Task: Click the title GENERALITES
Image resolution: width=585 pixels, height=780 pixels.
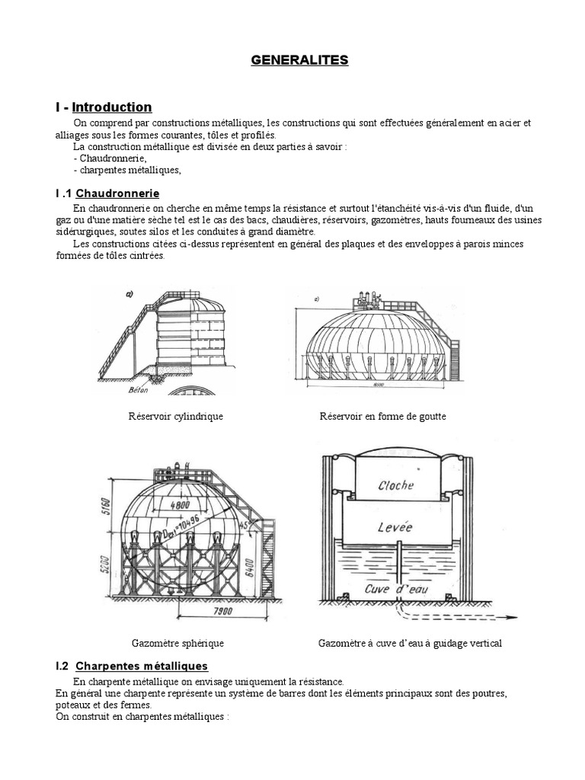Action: (x=299, y=60)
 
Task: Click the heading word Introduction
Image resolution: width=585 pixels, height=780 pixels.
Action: (x=112, y=107)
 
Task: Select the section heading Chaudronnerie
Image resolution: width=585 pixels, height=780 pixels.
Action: (x=117, y=193)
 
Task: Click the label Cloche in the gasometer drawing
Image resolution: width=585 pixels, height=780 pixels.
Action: (x=395, y=484)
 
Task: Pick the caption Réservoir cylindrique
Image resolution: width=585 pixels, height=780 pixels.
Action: (x=176, y=417)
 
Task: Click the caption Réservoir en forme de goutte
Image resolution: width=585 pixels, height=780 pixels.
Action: (x=382, y=417)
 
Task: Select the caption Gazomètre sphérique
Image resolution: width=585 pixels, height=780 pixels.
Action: (x=177, y=644)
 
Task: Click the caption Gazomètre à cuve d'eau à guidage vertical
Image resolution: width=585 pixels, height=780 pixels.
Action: (x=410, y=644)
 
